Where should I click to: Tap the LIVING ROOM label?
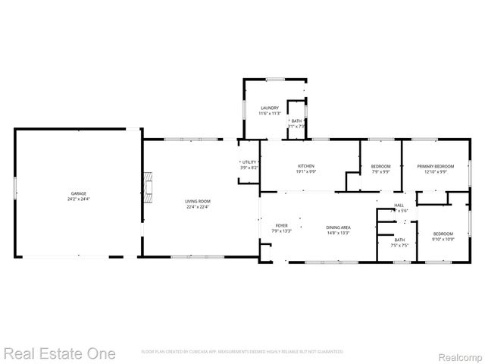(x=197, y=201)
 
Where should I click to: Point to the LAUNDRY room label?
(x=270, y=108)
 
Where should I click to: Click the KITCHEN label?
(x=306, y=166)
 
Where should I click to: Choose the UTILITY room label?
(x=249, y=162)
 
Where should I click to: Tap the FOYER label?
(x=281, y=225)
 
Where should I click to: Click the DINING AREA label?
(x=338, y=226)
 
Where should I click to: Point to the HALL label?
(x=399, y=205)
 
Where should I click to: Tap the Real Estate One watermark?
(x=59, y=353)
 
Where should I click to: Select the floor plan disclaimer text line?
(x=242, y=352)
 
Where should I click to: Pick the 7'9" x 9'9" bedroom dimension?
(x=380, y=171)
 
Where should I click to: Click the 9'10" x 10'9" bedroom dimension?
(x=443, y=239)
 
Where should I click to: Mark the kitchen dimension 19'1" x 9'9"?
(x=306, y=171)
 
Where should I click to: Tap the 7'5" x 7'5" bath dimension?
(x=399, y=245)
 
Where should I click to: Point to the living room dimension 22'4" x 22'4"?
(x=197, y=206)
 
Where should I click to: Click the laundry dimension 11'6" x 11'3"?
(x=270, y=113)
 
